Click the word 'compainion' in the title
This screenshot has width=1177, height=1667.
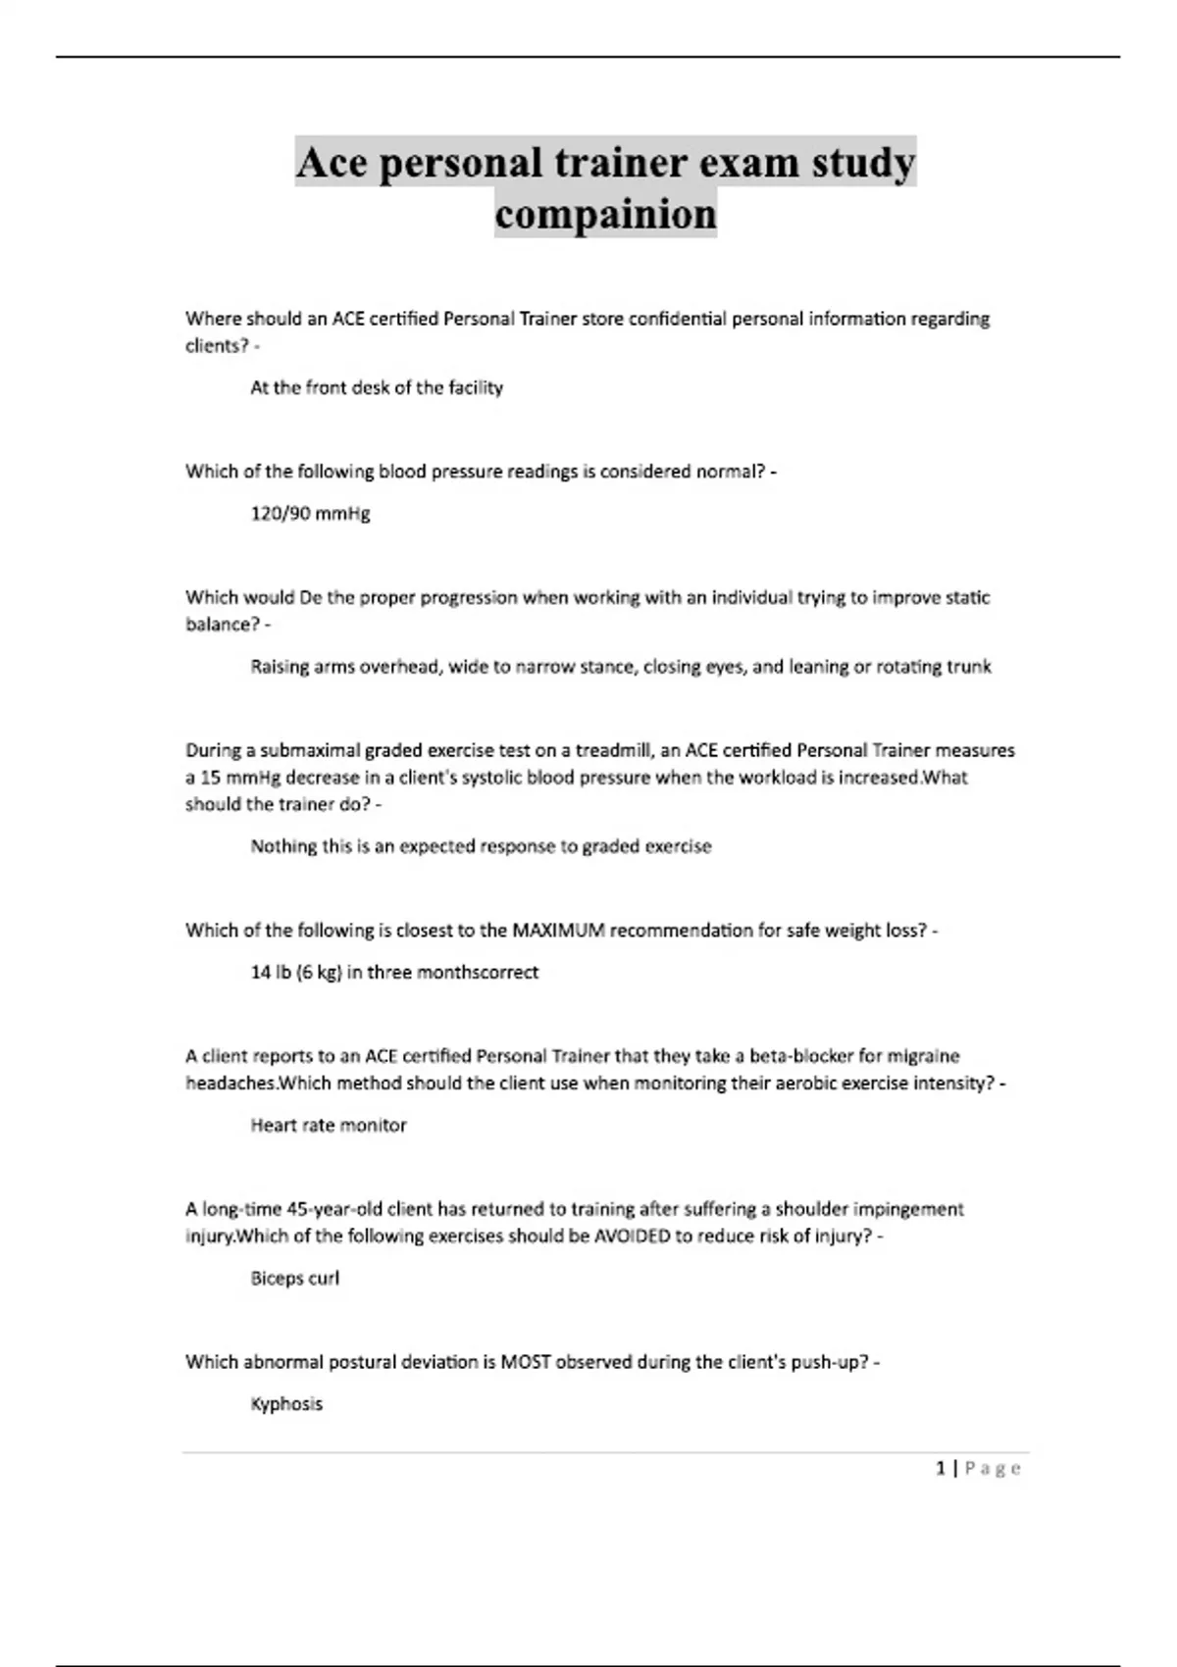point(605,214)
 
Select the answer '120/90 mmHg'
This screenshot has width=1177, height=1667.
point(310,513)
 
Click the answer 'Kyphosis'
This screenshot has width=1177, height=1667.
point(286,1403)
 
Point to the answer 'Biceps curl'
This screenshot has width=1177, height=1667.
point(294,1278)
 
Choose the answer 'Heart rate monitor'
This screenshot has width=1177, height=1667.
point(328,1125)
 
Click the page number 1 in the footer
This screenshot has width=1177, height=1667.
point(941,1468)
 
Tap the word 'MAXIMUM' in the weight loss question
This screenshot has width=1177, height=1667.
point(558,930)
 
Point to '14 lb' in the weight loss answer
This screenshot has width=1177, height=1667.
point(271,972)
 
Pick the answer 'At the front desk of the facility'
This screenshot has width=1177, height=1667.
point(376,387)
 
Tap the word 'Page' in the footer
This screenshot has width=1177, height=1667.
point(993,1468)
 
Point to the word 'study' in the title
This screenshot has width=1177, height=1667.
point(863,162)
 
